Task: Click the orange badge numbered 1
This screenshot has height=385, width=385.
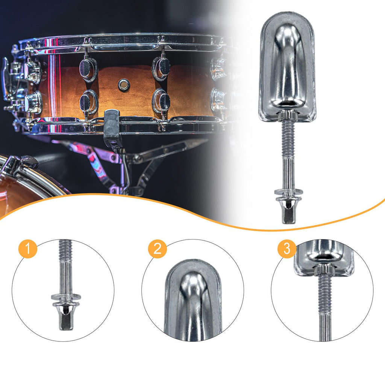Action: (28, 249)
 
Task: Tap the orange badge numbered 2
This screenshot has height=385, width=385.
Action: (158, 249)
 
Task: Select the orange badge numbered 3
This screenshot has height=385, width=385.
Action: (287, 249)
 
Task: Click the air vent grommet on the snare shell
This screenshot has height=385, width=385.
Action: (124, 85)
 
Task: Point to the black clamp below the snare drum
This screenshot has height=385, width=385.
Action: (112, 128)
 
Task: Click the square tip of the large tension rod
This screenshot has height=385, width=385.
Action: (288, 215)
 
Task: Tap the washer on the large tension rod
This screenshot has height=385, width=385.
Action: (288, 191)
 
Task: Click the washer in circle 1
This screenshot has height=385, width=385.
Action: (66, 297)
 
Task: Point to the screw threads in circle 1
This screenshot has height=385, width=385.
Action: (65, 250)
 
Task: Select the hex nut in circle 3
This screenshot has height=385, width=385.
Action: (324, 270)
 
